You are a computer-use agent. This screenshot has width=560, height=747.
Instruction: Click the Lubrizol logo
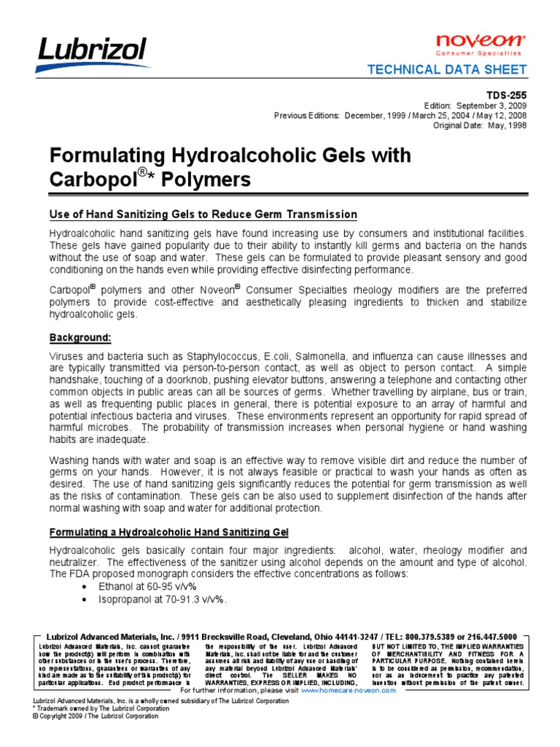tap(93, 53)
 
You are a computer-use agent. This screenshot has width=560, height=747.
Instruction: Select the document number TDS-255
tap(507, 95)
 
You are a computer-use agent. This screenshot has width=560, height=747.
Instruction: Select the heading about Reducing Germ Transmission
tap(203, 214)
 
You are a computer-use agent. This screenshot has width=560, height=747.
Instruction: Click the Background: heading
tap(80, 338)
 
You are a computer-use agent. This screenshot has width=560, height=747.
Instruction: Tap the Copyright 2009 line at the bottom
tap(96, 716)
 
